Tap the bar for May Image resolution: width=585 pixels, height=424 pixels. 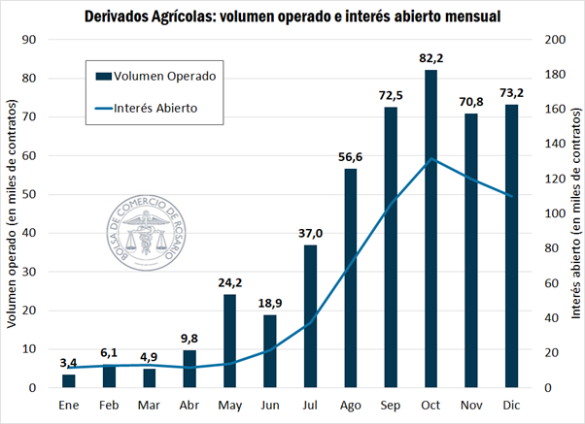pyautogui.click(x=230, y=341)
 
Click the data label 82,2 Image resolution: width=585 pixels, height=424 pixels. pyautogui.click(x=431, y=59)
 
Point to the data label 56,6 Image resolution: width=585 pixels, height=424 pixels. pyautogui.click(x=351, y=158)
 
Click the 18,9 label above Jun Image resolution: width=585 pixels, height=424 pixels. pyautogui.click(x=270, y=304)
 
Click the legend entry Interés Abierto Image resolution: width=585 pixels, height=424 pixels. pyautogui.click(x=156, y=108)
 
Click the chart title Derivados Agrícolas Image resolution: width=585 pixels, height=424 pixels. pyautogui.click(x=292, y=16)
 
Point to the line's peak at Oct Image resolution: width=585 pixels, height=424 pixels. pyautogui.click(x=431, y=159)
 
